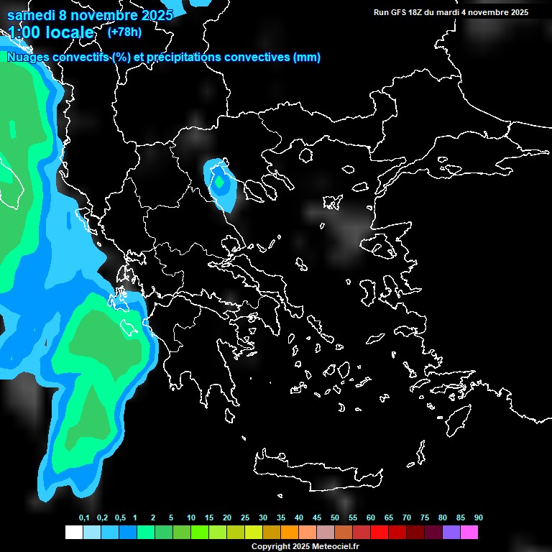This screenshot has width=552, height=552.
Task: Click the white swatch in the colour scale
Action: [73, 532]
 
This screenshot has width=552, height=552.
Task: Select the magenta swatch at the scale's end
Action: [469, 532]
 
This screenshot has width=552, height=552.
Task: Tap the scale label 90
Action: [478, 518]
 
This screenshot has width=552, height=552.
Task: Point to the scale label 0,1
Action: [84, 518]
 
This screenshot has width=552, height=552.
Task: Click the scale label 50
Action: [334, 518]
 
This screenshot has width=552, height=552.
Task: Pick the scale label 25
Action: [244, 518]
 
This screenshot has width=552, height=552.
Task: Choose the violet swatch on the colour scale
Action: [451, 532]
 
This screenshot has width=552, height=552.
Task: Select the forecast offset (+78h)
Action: [124, 32]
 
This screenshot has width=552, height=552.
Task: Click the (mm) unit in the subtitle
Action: [307, 57]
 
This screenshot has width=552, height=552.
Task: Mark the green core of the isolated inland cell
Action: [221, 183]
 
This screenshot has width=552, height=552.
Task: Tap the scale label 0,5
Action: [120, 518]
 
